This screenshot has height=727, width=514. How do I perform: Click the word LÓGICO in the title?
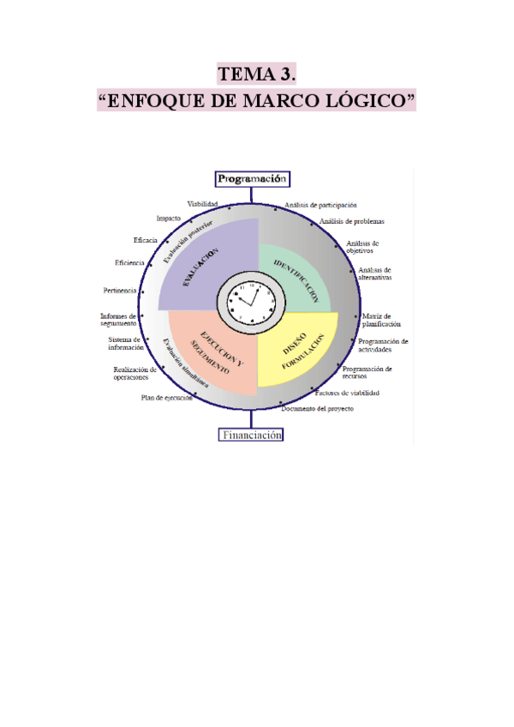click(367, 101)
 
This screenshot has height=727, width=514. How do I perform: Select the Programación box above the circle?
click(252, 179)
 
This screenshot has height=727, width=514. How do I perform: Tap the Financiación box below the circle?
click(252, 435)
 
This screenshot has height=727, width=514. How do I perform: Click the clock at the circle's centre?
click(252, 302)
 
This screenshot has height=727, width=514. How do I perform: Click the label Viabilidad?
click(203, 204)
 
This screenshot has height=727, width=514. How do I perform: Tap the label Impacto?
click(169, 219)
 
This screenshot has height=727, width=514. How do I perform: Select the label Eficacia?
click(145, 240)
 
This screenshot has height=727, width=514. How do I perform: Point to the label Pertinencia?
click(120, 291)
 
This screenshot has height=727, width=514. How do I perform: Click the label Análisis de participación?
click(320, 206)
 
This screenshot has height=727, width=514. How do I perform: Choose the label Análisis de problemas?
click(351, 221)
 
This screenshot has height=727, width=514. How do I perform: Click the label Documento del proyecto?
click(316, 409)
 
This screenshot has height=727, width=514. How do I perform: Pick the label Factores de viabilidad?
click(347, 393)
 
